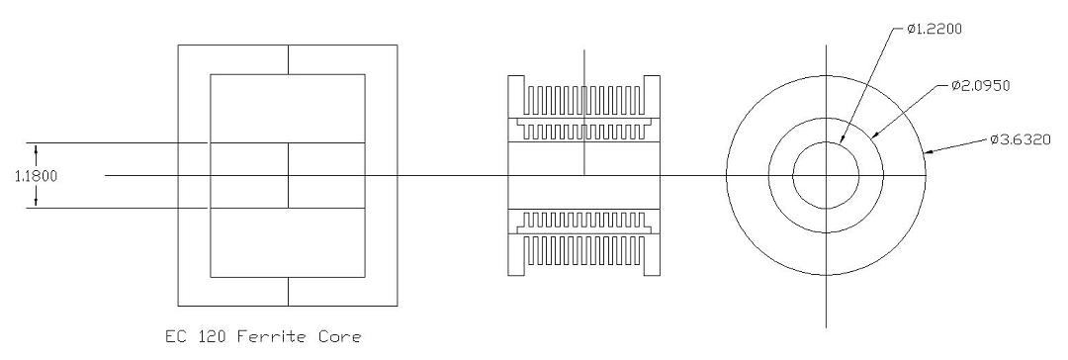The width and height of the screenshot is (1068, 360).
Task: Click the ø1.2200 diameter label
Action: pyautogui.click(x=934, y=28)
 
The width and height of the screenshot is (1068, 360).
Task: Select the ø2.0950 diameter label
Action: pyautogui.click(x=981, y=85)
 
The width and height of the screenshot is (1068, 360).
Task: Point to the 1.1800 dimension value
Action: pyautogui.click(x=37, y=176)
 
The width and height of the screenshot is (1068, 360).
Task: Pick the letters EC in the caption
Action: pyautogui.click(x=174, y=337)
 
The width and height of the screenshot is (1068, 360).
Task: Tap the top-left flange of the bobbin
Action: pyautogui.click(x=516, y=97)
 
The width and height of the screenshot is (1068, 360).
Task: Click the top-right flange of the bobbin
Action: pyautogui.click(x=652, y=97)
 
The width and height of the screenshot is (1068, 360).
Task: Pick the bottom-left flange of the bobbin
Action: pyautogui.click(x=516, y=253)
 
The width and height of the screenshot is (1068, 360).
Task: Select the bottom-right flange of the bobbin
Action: pyautogui.click(x=652, y=253)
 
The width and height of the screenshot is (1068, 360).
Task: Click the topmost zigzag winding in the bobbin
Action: pyautogui.click(x=583, y=100)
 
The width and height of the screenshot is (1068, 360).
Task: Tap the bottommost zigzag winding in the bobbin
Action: pyautogui.click(x=583, y=250)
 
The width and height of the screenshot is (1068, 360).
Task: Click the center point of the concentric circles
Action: pyautogui.click(x=826, y=176)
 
